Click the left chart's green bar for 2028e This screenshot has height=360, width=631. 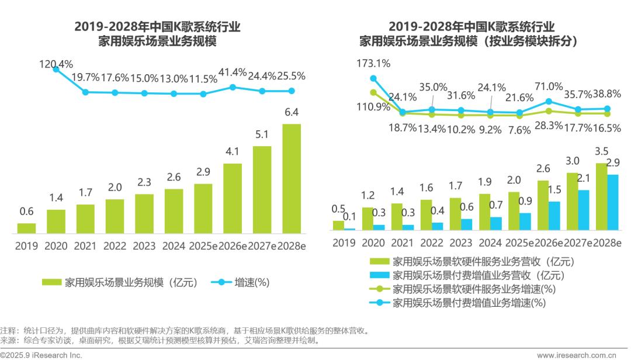292,179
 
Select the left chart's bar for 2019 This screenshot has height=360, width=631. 26,228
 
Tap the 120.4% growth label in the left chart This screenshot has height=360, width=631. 56,64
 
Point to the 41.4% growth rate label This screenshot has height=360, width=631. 233,72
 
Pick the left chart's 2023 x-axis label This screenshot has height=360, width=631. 144,246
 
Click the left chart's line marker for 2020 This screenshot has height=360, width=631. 56,69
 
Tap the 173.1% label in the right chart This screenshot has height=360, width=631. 374,63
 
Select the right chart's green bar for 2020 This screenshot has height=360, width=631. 367,219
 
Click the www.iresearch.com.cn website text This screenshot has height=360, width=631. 584,355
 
